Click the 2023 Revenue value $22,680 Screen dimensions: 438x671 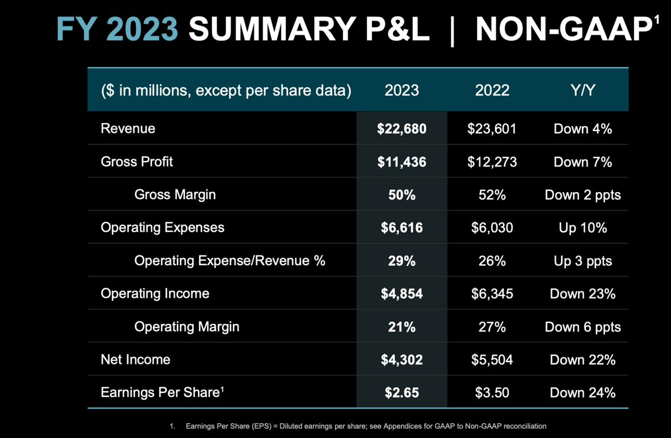pyautogui.click(x=402, y=129)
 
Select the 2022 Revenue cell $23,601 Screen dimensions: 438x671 pyautogui.click(x=492, y=129)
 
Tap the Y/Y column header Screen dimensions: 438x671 pyautogui.click(x=583, y=90)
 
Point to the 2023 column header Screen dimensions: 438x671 pyautogui.click(x=402, y=90)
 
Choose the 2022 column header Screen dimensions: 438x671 pyautogui.click(x=492, y=90)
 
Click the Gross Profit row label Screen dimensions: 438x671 pyautogui.click(x=137, y=162)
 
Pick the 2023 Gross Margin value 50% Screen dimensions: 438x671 pyautogui.click(x=402, y=195)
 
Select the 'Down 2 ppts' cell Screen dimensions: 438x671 pyautogui.click(x=583, y=195)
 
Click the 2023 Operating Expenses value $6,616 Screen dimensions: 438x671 pyautogui.click(x=402, y=228)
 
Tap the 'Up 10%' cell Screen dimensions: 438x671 pyautogui.click(x=583, y=228)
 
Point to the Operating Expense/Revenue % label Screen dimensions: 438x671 pyautogui.click(x=229, y=261)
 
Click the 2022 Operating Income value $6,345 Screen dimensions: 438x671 pyautogui.click(x=492, y=294)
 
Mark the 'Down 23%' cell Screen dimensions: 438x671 pyautogui.click(x=583, y=294)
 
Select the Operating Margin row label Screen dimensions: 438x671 pyautogui.click(x=187, y=327)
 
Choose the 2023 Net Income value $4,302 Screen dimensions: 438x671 pyautogui.click(x=402, y=360)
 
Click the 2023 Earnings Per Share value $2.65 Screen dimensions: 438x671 pyautogui.click(x=402, y=393)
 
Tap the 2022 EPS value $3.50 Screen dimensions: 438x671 pyautogui.click(x=492, y=393)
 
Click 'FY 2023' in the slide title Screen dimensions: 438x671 pyautogui.click(x=118, y=29)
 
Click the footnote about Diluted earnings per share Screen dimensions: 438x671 pyautogui.click(x=365, y=426)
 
